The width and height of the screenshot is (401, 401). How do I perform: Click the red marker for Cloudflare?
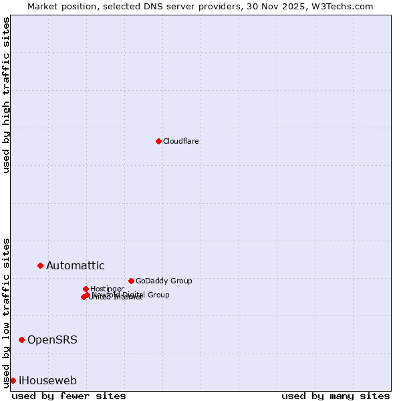158,141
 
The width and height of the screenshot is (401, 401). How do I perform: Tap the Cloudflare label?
180,141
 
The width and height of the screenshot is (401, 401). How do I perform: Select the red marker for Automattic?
40,265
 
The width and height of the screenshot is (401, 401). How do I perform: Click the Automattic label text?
75,266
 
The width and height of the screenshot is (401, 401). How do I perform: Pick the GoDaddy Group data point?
131,281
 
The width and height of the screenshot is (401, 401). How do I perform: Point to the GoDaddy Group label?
163,281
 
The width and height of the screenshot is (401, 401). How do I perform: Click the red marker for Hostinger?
86,289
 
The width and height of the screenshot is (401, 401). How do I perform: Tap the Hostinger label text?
107,289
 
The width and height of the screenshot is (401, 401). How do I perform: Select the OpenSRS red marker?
21,340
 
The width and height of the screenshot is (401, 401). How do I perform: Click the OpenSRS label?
52,340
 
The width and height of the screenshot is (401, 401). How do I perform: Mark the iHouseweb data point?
13,380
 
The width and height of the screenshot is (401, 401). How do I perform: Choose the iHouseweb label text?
47,381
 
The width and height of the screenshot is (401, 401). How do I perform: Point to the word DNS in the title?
150,7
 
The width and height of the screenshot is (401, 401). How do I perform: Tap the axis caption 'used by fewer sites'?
69,396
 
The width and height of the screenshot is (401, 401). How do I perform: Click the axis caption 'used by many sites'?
336,396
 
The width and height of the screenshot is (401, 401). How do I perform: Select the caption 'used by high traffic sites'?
7,95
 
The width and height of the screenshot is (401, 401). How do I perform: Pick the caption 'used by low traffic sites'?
7,313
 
